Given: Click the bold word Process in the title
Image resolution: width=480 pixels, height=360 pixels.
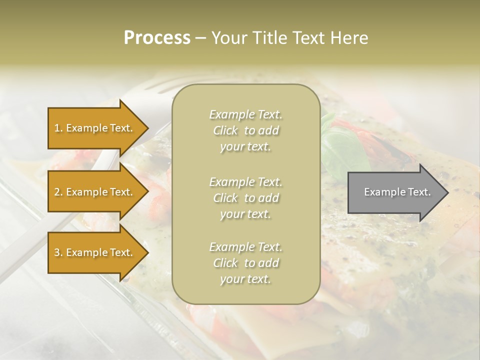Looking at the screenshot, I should (x=157, y=38).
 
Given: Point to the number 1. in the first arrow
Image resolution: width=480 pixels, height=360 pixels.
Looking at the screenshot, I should (x=58, y=128).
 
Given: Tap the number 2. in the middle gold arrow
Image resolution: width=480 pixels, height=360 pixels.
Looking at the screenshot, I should (x=58, y=192).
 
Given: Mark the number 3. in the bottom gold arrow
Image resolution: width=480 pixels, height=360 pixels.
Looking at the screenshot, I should (x=58, y=252).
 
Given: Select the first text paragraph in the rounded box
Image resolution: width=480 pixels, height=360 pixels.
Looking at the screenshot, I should (x=245, y=130).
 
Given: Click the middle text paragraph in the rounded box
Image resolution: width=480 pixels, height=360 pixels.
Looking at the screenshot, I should (x=245, y=198).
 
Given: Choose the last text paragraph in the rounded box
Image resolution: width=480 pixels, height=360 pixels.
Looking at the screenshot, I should (x=245, y=263).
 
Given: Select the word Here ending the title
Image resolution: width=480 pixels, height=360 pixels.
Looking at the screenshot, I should (x=351, y=38).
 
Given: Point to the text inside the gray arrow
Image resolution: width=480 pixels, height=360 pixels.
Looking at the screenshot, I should (x=397, y=192).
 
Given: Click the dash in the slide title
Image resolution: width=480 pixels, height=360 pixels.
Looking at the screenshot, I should (x=201, y=38).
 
